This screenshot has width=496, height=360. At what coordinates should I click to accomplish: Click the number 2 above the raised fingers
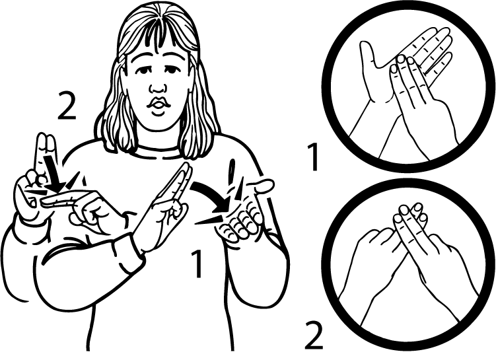pyautogui.click(x=67, y=106)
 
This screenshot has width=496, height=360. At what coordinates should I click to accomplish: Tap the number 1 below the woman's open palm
pyautogui.click(x=197, y=264)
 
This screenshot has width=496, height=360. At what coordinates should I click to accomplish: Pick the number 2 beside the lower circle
pyautogui.click(x=314, y=336)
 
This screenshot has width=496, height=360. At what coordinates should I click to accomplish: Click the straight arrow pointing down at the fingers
pyautogui.click(x=52, y=174)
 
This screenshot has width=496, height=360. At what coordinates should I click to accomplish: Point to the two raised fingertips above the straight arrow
pyautogui.click(x=46, y=141)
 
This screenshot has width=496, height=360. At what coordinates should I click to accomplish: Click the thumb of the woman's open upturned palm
pyautogui.click(x=264, y=186)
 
